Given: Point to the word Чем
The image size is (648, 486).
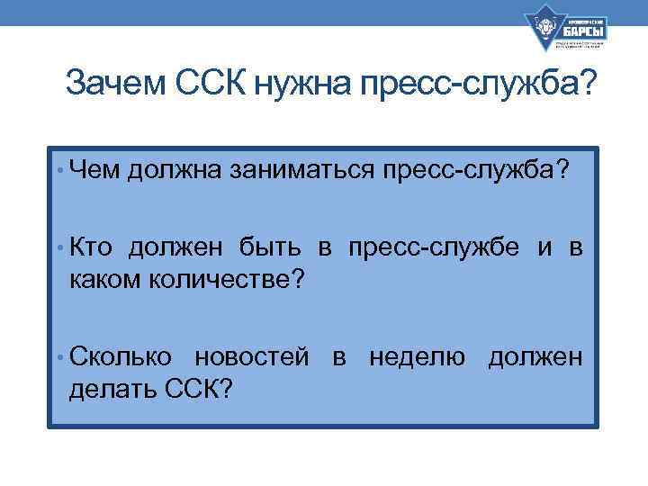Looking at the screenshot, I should pos(95,168).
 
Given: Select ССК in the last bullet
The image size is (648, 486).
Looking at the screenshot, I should pos(199,389).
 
